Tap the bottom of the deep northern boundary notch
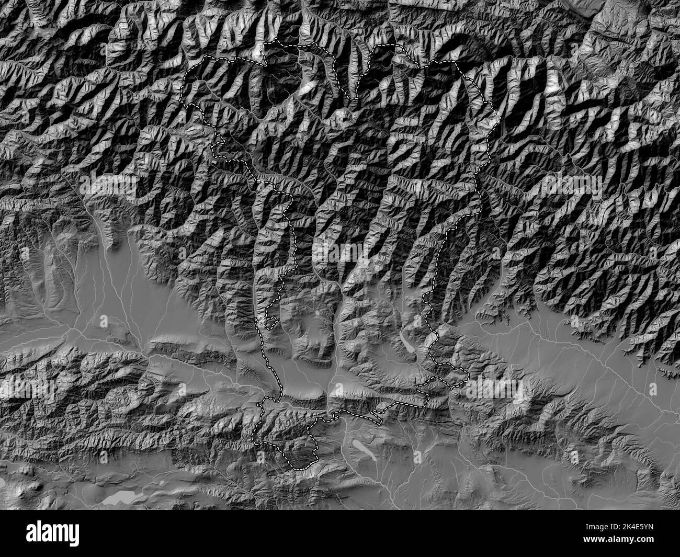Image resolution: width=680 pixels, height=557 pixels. (x=354, y=98)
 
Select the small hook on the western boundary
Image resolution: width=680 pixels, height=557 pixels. (x=270, y=322)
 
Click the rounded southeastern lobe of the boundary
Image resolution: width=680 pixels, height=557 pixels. (x=463, y=374)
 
